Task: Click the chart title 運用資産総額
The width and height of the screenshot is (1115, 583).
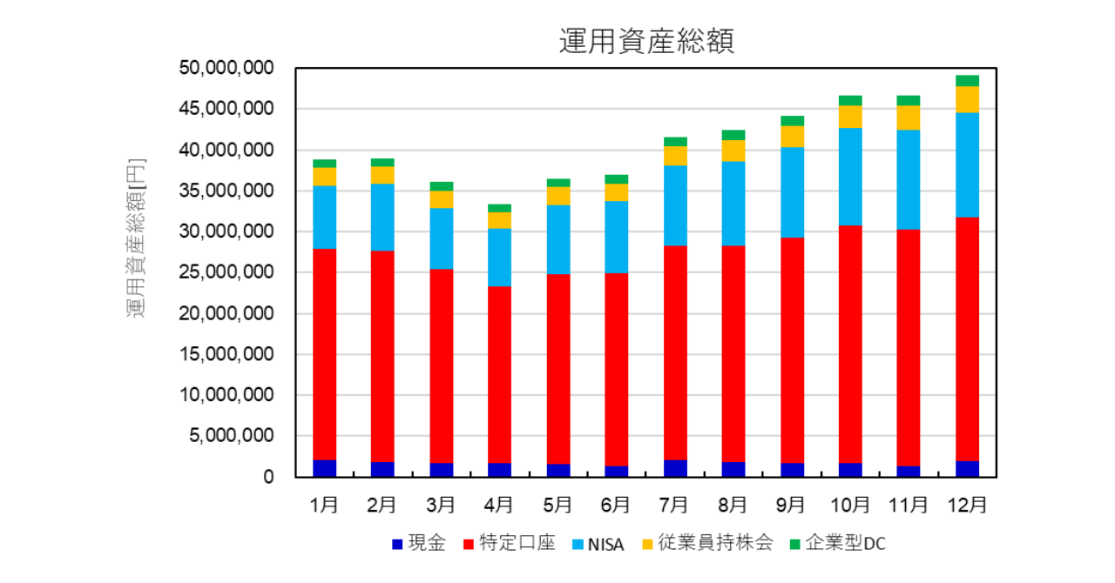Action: click(x=646, y=41)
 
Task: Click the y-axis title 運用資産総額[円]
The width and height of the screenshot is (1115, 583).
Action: click(x=137, y=238)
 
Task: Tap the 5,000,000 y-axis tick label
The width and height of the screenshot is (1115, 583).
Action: click(x=231, y=436)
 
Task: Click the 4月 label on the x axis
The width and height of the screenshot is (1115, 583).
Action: click(x=499, y=505)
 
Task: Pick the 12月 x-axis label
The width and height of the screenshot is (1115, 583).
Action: click(x=966, y=505)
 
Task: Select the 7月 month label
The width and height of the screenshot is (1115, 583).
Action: click(x=674, y=505)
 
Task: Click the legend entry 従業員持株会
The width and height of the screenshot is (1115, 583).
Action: click(x=706, y=544)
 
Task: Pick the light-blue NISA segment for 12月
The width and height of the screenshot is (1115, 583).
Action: click(x=967, y=165)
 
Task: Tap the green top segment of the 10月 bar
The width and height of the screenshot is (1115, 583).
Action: click(x=850, y=100)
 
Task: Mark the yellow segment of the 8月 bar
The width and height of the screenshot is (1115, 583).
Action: click(x=733, y=151)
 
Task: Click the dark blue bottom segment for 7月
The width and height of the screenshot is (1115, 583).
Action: click(x=675, y=468)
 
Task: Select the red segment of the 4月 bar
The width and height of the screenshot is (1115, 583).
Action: click(x=499, y=374)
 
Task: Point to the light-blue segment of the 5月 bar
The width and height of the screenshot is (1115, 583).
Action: click(x=557, y=239)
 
